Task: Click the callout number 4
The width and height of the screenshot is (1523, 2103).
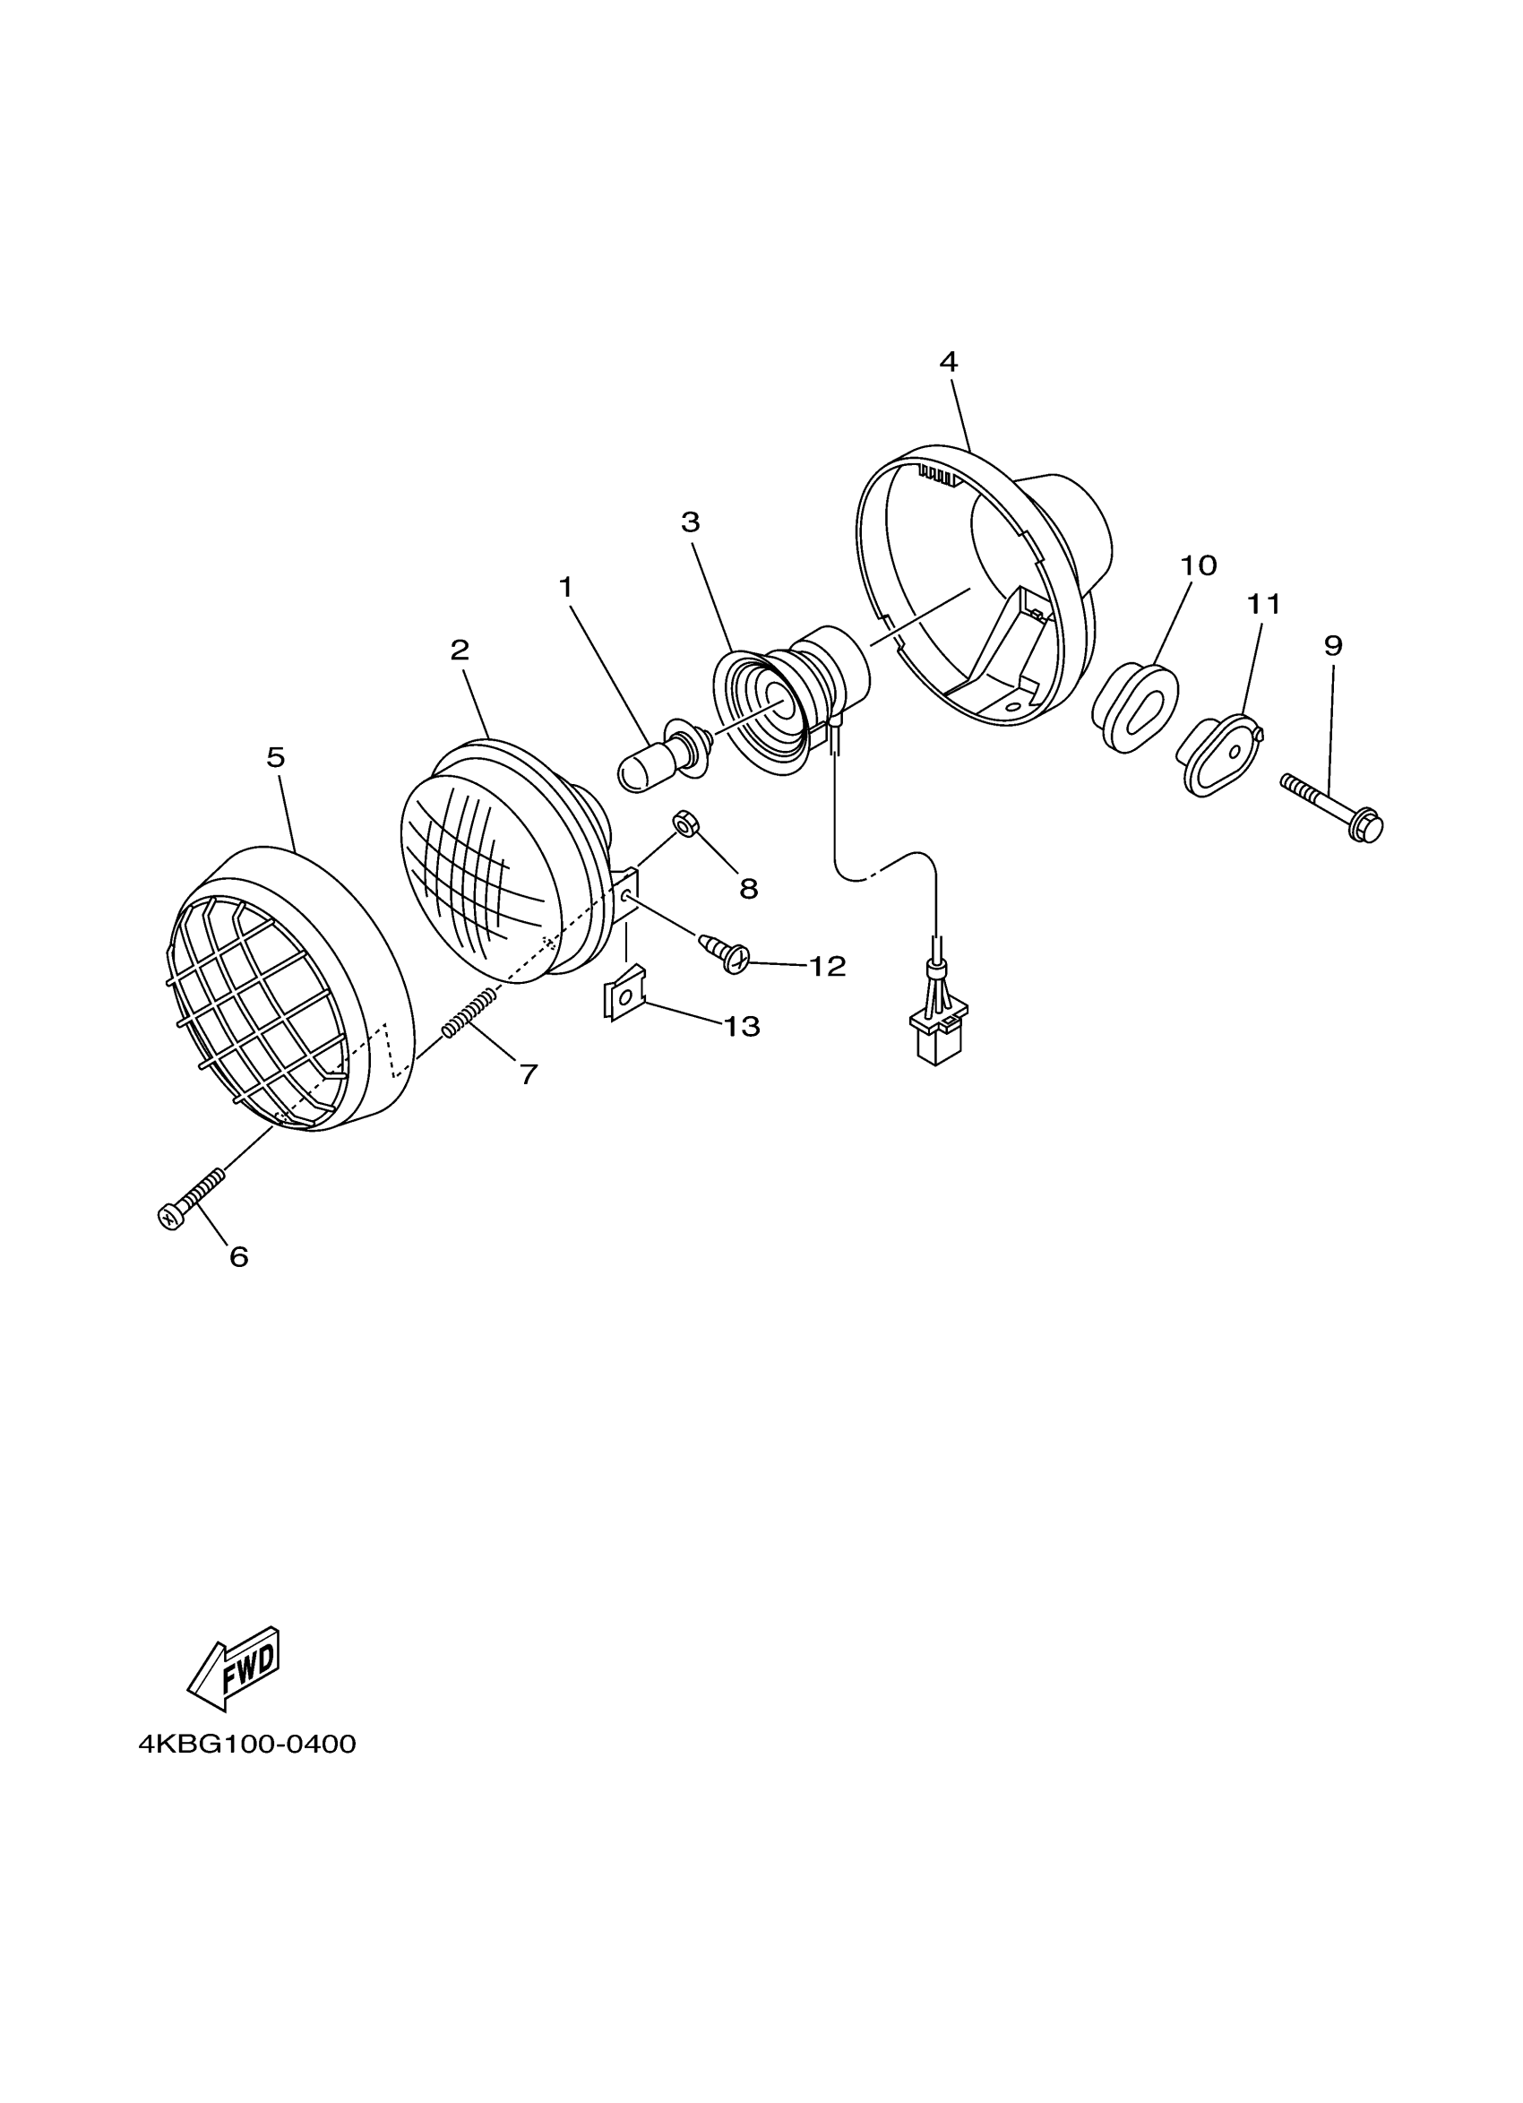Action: point(947,363)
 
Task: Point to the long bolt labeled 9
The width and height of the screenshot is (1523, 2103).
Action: point(1333,804)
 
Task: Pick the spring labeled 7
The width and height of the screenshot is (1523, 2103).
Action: point(470,1013)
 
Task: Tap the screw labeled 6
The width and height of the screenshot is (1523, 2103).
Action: point(192,1198)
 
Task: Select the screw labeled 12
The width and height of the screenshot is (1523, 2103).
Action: point(726,953)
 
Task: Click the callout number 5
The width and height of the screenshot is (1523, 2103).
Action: point(275,757)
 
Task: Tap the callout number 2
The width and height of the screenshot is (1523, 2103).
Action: point(460,650)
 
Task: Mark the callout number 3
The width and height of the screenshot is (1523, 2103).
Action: point(690,523)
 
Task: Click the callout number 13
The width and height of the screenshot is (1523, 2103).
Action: point(742,1027)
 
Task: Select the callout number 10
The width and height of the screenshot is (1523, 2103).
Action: point(1199,565)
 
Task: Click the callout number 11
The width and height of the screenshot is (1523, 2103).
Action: point(1263,605)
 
